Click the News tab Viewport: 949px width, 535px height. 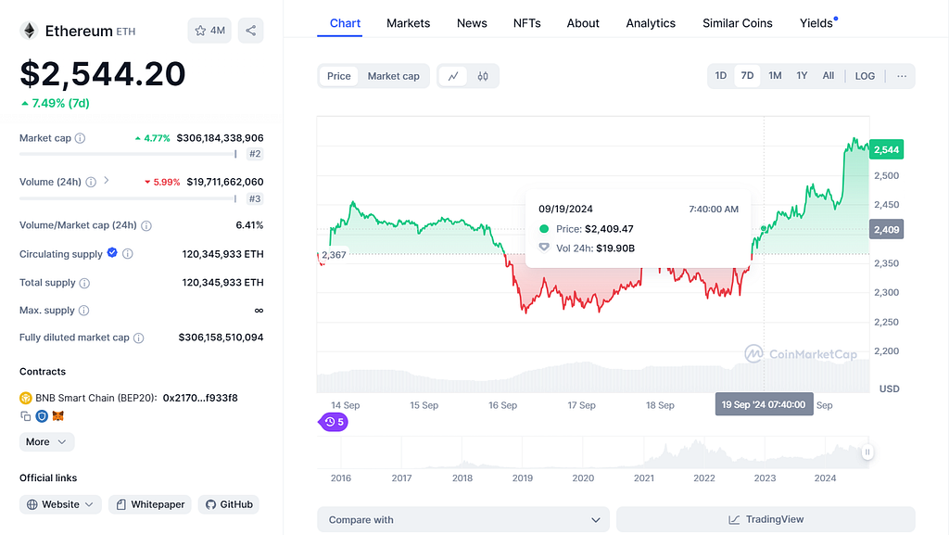[472, 23]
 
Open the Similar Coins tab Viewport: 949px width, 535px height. [737, 23]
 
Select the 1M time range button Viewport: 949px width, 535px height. [775, 76]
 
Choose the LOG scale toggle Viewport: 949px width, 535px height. [865, 76]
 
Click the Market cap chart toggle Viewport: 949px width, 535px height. [393, 76]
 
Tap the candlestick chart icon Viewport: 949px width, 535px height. [482, 76]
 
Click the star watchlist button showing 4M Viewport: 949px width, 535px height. [209, 31]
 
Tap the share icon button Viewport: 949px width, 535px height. [250, 31]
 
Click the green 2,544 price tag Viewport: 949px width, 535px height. [886, 149]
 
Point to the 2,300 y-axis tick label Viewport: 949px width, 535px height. [887, 292]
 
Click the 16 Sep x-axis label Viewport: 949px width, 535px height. [502, 405]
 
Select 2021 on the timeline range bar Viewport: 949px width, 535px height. [644, 478]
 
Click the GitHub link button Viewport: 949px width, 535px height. [229, 504]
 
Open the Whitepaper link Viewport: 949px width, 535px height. [150, 504]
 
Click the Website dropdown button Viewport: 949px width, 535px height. [60, 504]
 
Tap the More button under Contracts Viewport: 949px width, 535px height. [46, 441]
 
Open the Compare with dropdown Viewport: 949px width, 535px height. [463, 520]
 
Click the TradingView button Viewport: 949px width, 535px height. [766, 520]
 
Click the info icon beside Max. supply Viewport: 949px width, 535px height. [84, 311]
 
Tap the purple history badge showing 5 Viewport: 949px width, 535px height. [334, 422]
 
